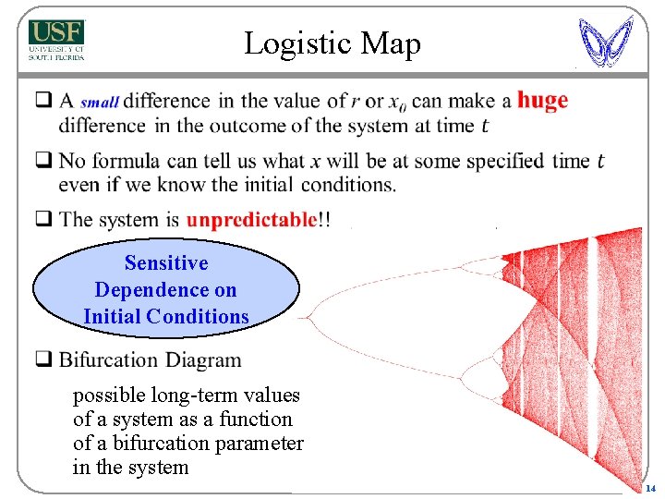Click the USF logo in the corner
coord(56,40)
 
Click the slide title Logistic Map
coord(332,43)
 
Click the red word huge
coord(542,100)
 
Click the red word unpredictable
coord(251,220)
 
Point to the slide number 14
coord(649,488)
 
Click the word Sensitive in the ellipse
coord(166,263)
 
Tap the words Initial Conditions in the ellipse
coord(166,316)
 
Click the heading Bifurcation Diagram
coord(150,359)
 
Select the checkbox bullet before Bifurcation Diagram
coord(42,359)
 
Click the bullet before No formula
coord(42,161)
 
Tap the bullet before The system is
coord(42,220)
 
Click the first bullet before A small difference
coord(42,100)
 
